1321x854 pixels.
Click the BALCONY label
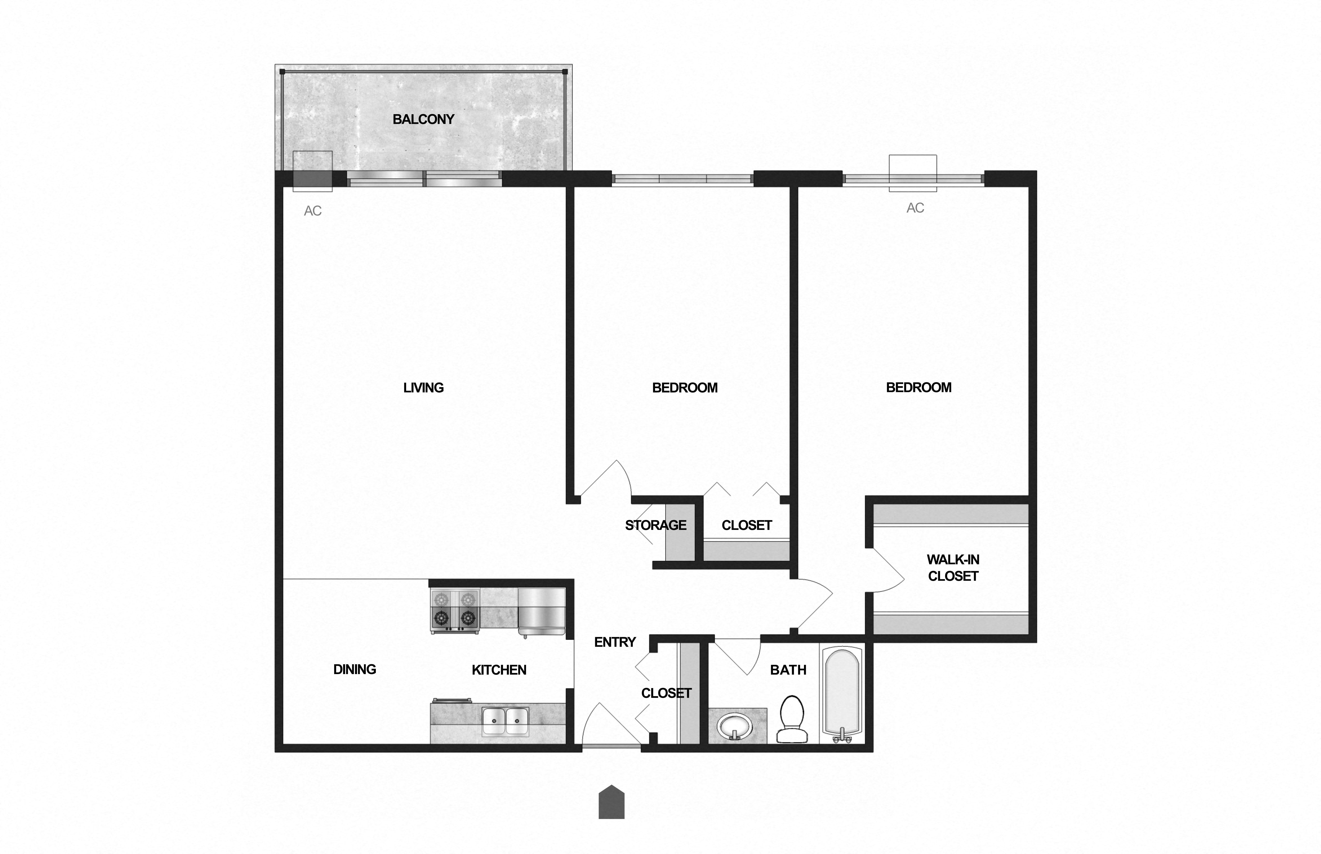click(423, 119)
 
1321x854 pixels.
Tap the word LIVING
click(423, 388)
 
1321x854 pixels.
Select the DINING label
click(355, 669)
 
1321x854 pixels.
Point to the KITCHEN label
click(499, 670)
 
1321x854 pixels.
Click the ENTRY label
click(615, 642)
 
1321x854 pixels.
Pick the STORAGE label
click(655, 525)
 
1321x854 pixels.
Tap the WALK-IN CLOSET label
click(953, 568)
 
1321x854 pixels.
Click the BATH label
click(788, 670)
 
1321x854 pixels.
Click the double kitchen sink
click(505, 721)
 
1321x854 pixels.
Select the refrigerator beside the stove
click(542, 611)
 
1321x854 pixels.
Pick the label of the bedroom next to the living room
click(685, 388)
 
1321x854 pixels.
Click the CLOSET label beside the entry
click(666, 693)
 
